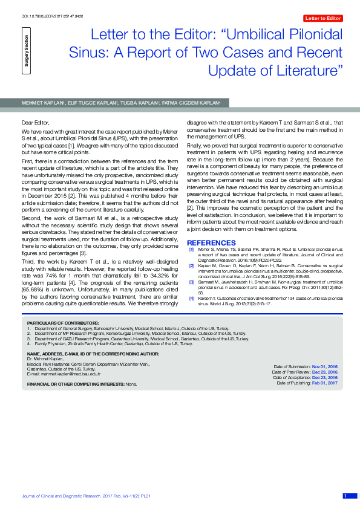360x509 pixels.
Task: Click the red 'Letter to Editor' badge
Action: click(322, 18)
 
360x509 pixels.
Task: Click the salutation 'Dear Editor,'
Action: click(34, 122)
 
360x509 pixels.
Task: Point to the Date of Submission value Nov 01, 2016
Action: click(324, 367)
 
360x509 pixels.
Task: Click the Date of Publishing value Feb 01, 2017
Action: click(324, 383)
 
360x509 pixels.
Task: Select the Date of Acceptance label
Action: click(292, 378)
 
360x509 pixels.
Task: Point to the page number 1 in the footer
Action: click(345, 496)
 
